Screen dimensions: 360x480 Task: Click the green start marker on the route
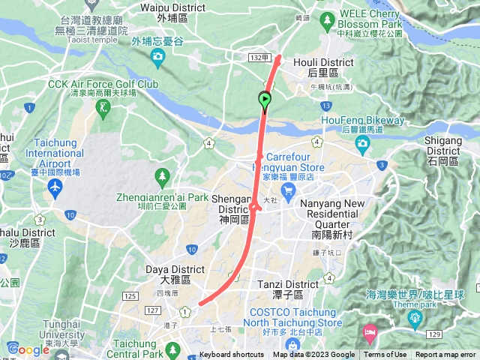pyautogui.click(x=265, y=100)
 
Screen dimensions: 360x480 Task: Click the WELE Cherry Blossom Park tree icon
pyautogui.click(x=326, y=19)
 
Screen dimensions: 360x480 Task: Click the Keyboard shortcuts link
pyautogui.click(x=232, y=355)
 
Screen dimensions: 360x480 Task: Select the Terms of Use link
pyautogui.click(x=385, y=355)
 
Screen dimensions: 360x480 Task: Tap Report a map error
pyautogui.click(x=445, y=355)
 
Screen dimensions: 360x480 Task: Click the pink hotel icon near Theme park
pyautogui.click(x=370, y=331)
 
